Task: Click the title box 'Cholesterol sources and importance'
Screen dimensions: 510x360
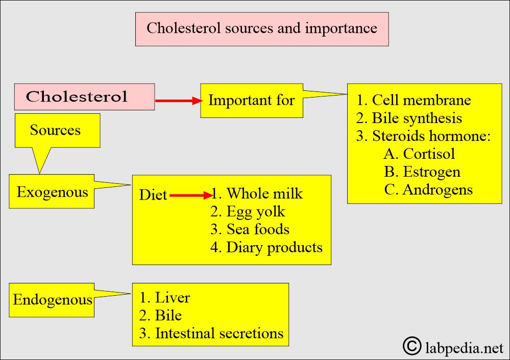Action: pyautogui.click(x=262, y=29)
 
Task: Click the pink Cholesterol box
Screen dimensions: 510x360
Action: pyautogui.click(x=84, y=97)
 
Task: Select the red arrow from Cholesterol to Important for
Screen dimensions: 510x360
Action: pyautogui.click(x=179, y=101)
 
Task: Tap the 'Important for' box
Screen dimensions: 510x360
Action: pyautogui.click(x=251, y=101)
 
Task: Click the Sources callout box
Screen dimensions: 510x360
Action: pyautogui.click(x=57, y=130)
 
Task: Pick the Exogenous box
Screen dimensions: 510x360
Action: pyautogui.click(x=52, y=191)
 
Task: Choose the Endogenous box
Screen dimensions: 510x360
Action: pyautogui.click(x=52, y=300)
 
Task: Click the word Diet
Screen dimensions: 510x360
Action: pyautogui.click(x=153, y=195)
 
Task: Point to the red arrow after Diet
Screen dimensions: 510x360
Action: pyautogui.click(x=191, y=196)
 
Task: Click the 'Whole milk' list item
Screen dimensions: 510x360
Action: pyautogui.click(x=257, y=194)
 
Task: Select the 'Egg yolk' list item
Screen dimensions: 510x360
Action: pyautogui.click(x=248, y=211)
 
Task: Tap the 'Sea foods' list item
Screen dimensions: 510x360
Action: pyautogui.click(x=250, y=229)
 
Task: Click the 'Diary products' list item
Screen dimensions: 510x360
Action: pyautogui.click(x=266, y=247)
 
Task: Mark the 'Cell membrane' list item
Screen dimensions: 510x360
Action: pyautogui.click(x=414, y=100)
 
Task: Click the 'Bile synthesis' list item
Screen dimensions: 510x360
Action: pyautogui.click(x=409, y=118)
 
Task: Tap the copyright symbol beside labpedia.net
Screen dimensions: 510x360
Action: pyautogui.click(x=412, y=346)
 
